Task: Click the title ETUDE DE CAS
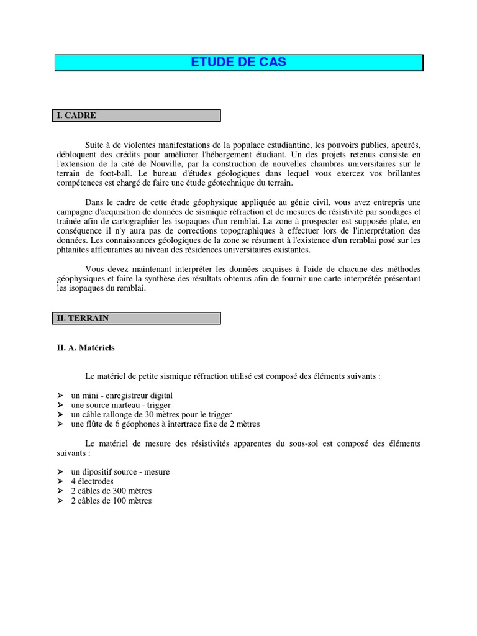tap(239, 63)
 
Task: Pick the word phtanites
tap(73, 250)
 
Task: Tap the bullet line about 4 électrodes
tap(93, 481)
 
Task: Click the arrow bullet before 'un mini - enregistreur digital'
tap(60, 395)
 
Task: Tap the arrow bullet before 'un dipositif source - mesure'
tap(60, 472)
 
